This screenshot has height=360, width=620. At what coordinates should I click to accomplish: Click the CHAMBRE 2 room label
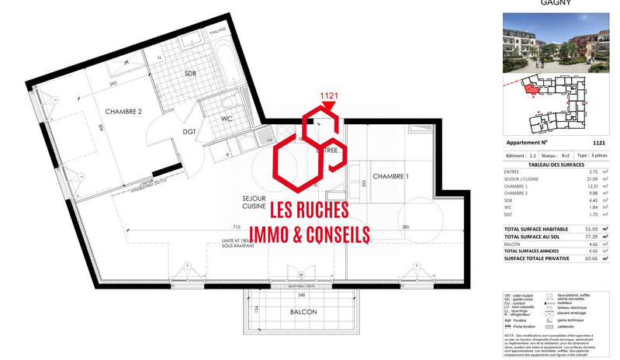123,111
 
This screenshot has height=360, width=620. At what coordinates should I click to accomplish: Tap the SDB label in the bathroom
191,72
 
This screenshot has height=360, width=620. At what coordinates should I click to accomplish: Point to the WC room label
227,119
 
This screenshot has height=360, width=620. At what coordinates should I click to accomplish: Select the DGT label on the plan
189,132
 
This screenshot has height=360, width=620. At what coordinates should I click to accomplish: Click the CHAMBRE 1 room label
392,177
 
